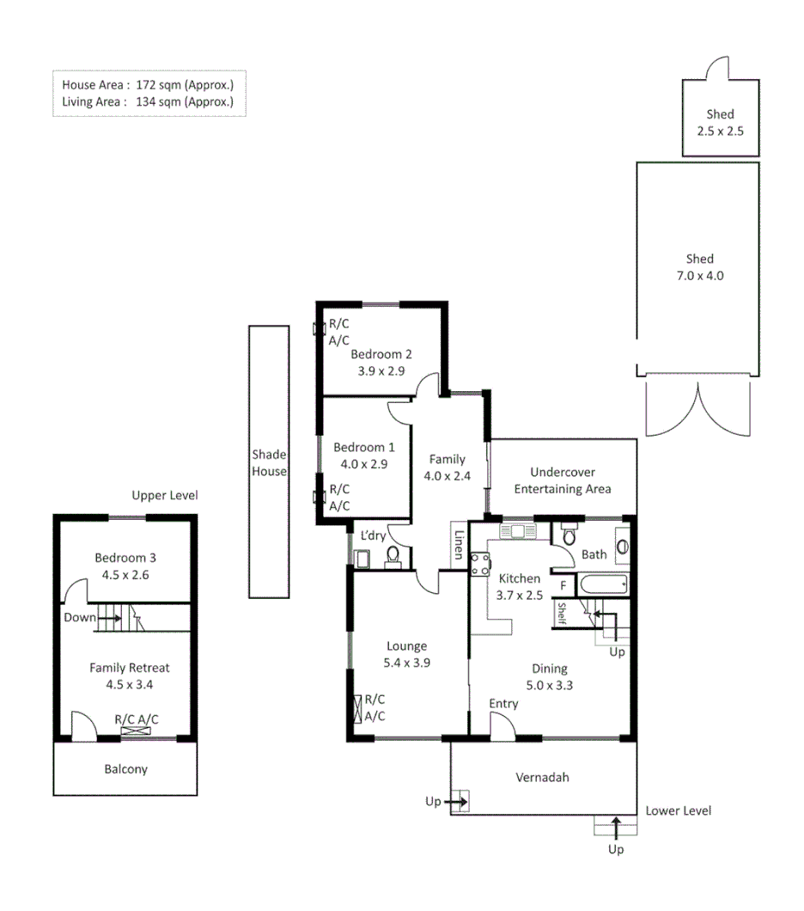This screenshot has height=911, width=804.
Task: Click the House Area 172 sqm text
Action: coord(148,85)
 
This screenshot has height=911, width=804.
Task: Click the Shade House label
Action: coord(269,462)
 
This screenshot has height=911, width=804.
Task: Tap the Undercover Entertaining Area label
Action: coord(563,480)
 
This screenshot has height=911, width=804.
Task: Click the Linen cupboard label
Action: coord(459,544)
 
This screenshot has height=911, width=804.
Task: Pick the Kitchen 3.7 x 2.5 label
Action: coord(519,586)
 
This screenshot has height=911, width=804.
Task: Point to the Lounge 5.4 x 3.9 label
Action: coord(406,655)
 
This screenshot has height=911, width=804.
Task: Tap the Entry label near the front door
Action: coord(503,704)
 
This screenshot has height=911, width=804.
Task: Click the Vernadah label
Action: coord(542,778)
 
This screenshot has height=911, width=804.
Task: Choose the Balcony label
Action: coord(125,769)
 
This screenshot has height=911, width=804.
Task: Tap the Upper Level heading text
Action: coord(164,496)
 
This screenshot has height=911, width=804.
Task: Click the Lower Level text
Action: coord(678,810)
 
